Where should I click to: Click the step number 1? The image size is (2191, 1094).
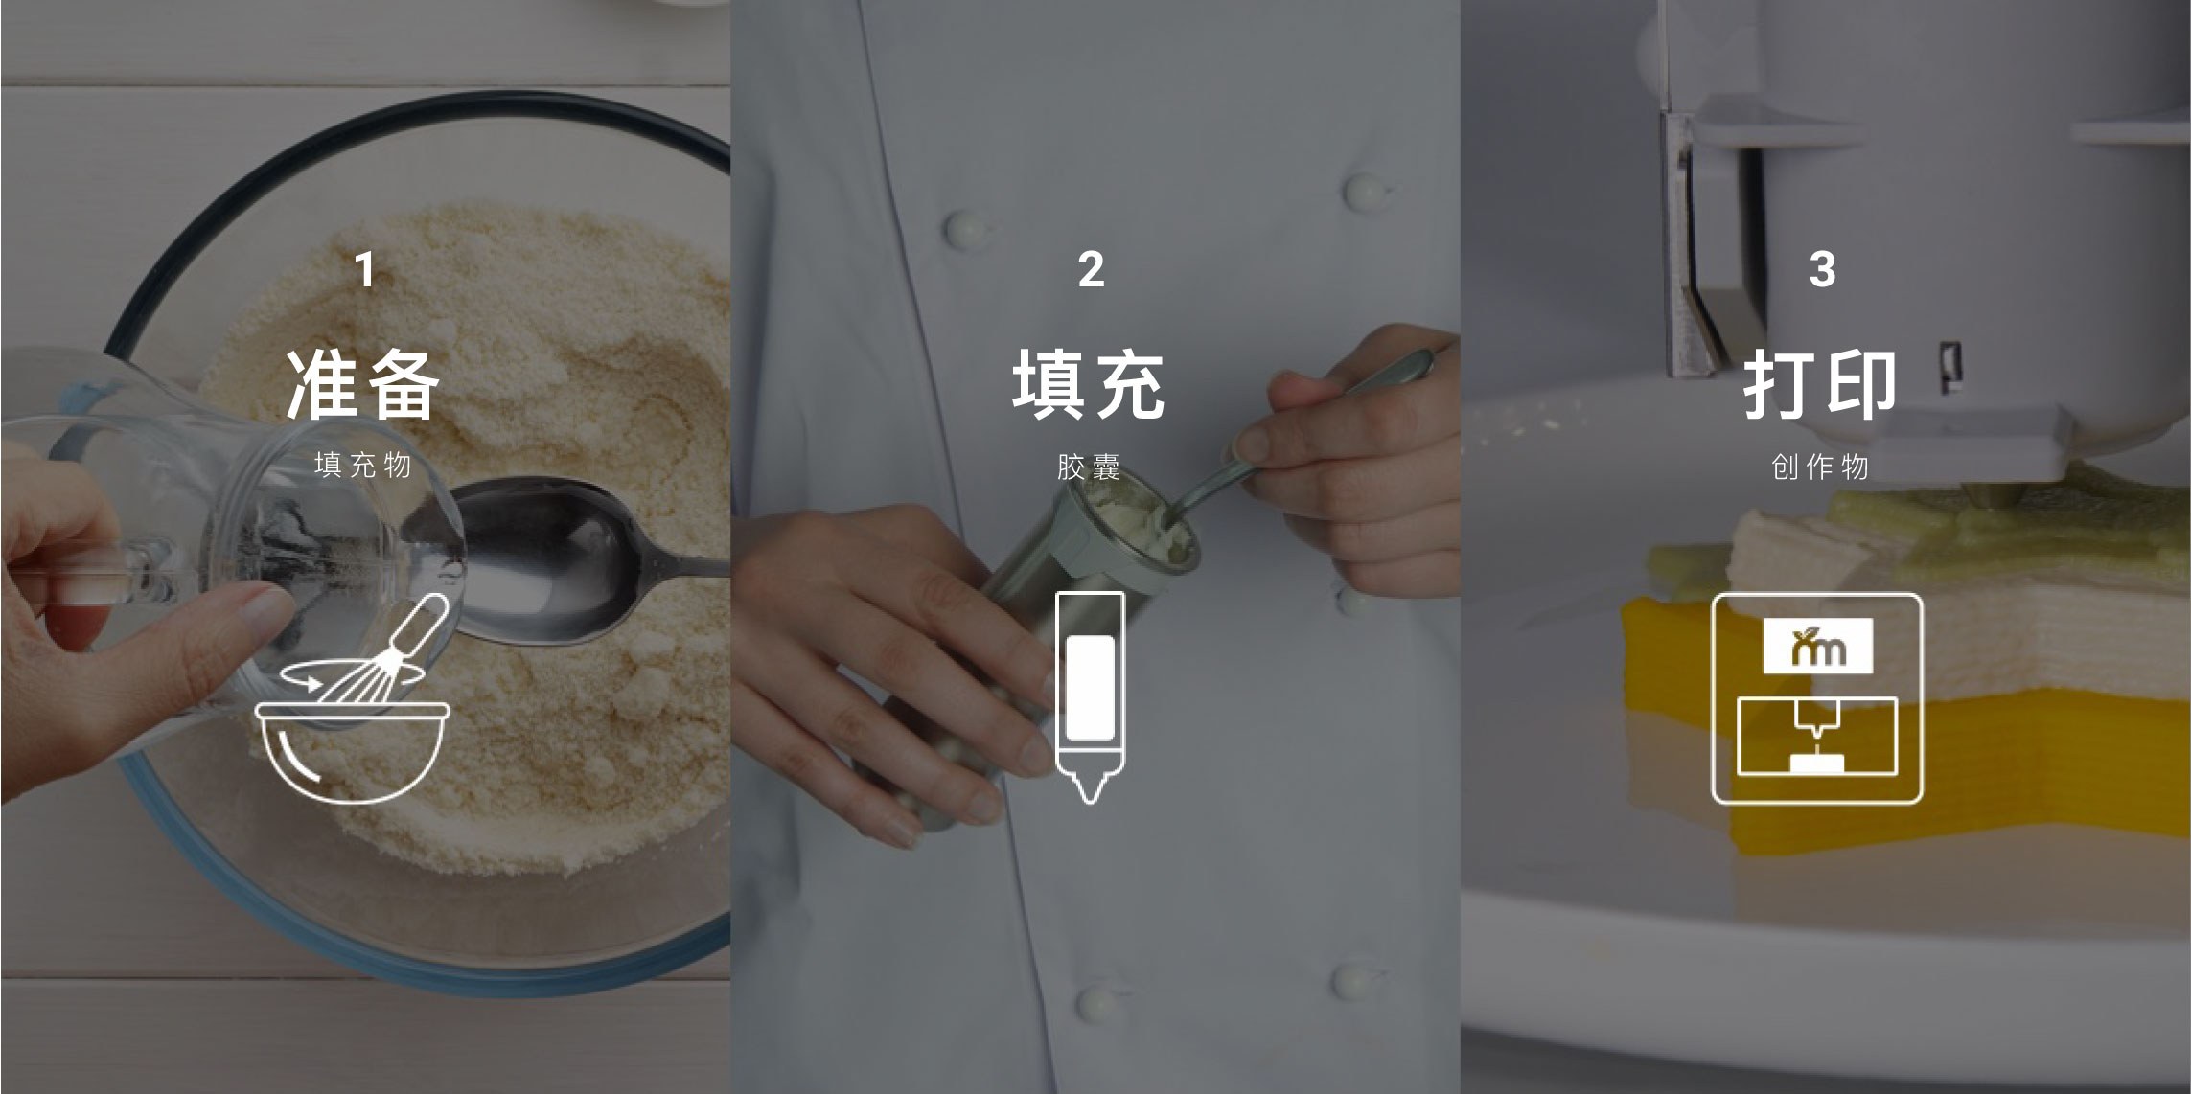click(365, 270)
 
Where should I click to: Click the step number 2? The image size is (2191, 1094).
click(1091, 269)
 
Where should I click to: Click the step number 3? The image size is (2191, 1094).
click(1822, 269)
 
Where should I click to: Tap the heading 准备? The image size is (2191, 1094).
click(363, 384)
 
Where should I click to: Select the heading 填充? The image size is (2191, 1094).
click(1089, 384)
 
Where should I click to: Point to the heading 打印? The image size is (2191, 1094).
click(1819, 384)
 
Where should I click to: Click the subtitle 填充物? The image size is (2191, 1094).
click(363, 466)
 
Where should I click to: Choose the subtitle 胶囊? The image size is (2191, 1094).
click(1089, 467)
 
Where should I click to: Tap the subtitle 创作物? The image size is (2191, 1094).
click(1820, 467)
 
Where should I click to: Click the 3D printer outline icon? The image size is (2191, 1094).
click(1714, 699)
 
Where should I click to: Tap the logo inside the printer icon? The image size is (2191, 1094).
click(1818, 646)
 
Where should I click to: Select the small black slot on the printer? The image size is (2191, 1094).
click(1949, 367)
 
